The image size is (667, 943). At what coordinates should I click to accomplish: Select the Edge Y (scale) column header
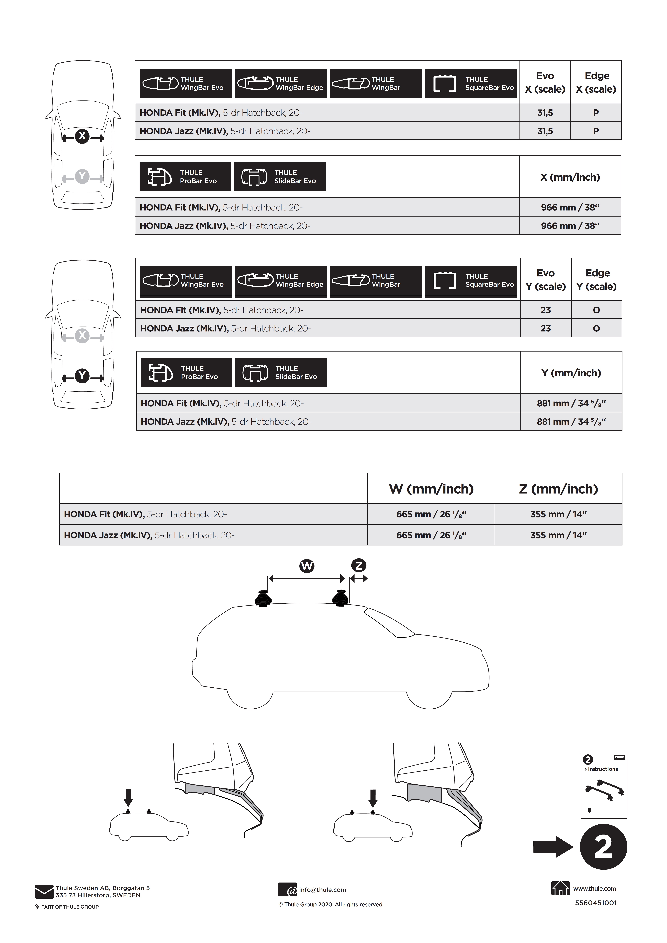pyautogui.click(x=596, y=280)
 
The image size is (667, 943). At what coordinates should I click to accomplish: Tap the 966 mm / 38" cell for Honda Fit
pyautogui.click(x=570, y=207)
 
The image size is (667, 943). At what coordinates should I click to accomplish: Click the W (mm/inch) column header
pyautogui.click(x=431, y=489)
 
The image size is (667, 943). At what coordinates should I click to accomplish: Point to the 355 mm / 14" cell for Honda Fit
pyautogui.click(x=559, y=514)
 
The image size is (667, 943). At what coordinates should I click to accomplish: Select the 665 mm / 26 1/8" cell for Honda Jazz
pyautogui.click(x=431, y=535)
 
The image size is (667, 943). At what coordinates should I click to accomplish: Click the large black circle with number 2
pyautogui.click(x=603, y=847)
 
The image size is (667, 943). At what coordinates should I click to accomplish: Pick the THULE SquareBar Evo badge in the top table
pyautogui.click(x=471, y=83)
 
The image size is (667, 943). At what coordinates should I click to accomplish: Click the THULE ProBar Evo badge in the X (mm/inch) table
pyautogui.click(x=185, y=177)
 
